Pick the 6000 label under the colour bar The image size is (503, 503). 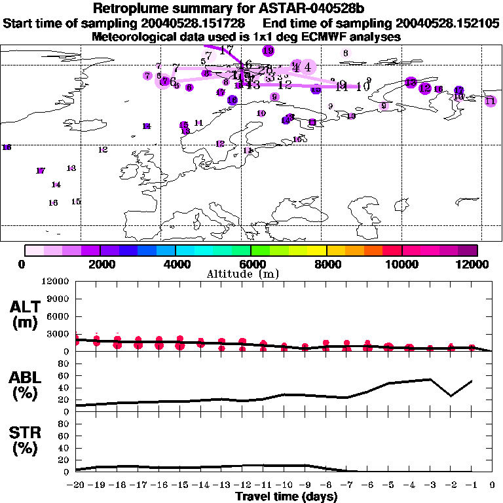[x=251, y=264]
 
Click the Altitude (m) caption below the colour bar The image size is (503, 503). [x=251, y=274]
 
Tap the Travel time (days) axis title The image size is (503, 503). [x=286, y=497]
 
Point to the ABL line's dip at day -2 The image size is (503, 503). [x=451, y=396]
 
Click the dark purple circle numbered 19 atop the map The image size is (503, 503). [x=268, y=50]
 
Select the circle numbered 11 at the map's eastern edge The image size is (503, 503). [x=490, y=100]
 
